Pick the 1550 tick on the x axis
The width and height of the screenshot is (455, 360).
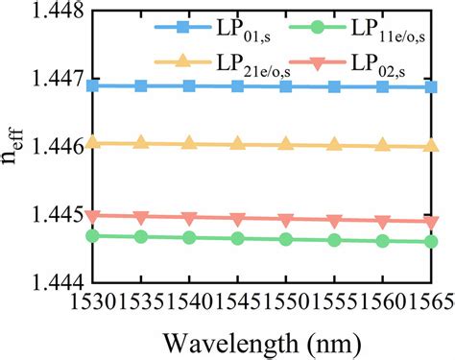pyautogui.click(x=285, y=301)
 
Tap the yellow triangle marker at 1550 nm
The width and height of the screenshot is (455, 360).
pyautogui.click(x=285, y=145)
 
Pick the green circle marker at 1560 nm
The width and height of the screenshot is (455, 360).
pyautogui.click(x=382, y=241)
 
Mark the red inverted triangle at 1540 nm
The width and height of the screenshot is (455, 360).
pyautogui.click(x=189, y=218)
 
